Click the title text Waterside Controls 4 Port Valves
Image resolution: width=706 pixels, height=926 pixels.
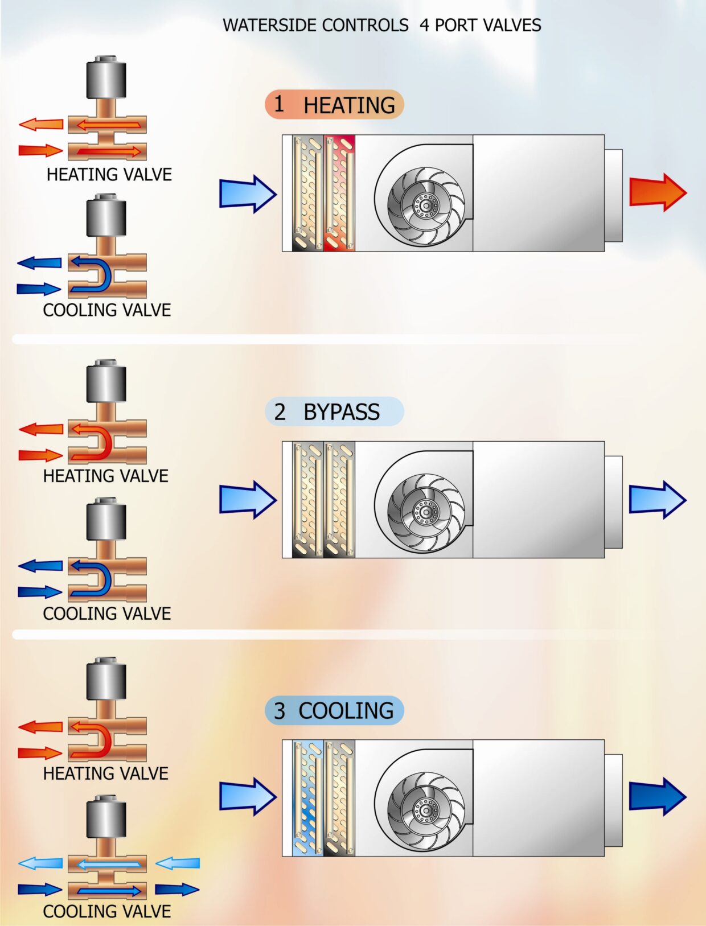(x=381, y=26)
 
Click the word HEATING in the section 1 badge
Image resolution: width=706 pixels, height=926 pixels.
(x=349, y=105)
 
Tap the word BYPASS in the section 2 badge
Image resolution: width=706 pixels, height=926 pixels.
(x=341, y=412)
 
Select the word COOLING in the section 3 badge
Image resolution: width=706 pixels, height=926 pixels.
(x=346, y=711)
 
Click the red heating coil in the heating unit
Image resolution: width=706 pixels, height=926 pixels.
(x=339, y=193)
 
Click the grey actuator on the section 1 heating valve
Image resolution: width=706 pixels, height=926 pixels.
(x=106, y=78)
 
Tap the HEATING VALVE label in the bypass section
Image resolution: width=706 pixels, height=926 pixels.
(x=106, y=476)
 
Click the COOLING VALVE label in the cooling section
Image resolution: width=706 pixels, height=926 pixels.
(x=107, y=911)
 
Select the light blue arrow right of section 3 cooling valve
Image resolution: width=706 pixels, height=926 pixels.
(x=178, y=863)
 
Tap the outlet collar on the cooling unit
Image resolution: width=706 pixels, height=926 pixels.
(x=613, y=796)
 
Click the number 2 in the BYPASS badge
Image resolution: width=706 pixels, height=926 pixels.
(x=280, y=412)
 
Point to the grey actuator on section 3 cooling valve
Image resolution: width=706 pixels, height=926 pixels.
(x=106, y=817)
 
